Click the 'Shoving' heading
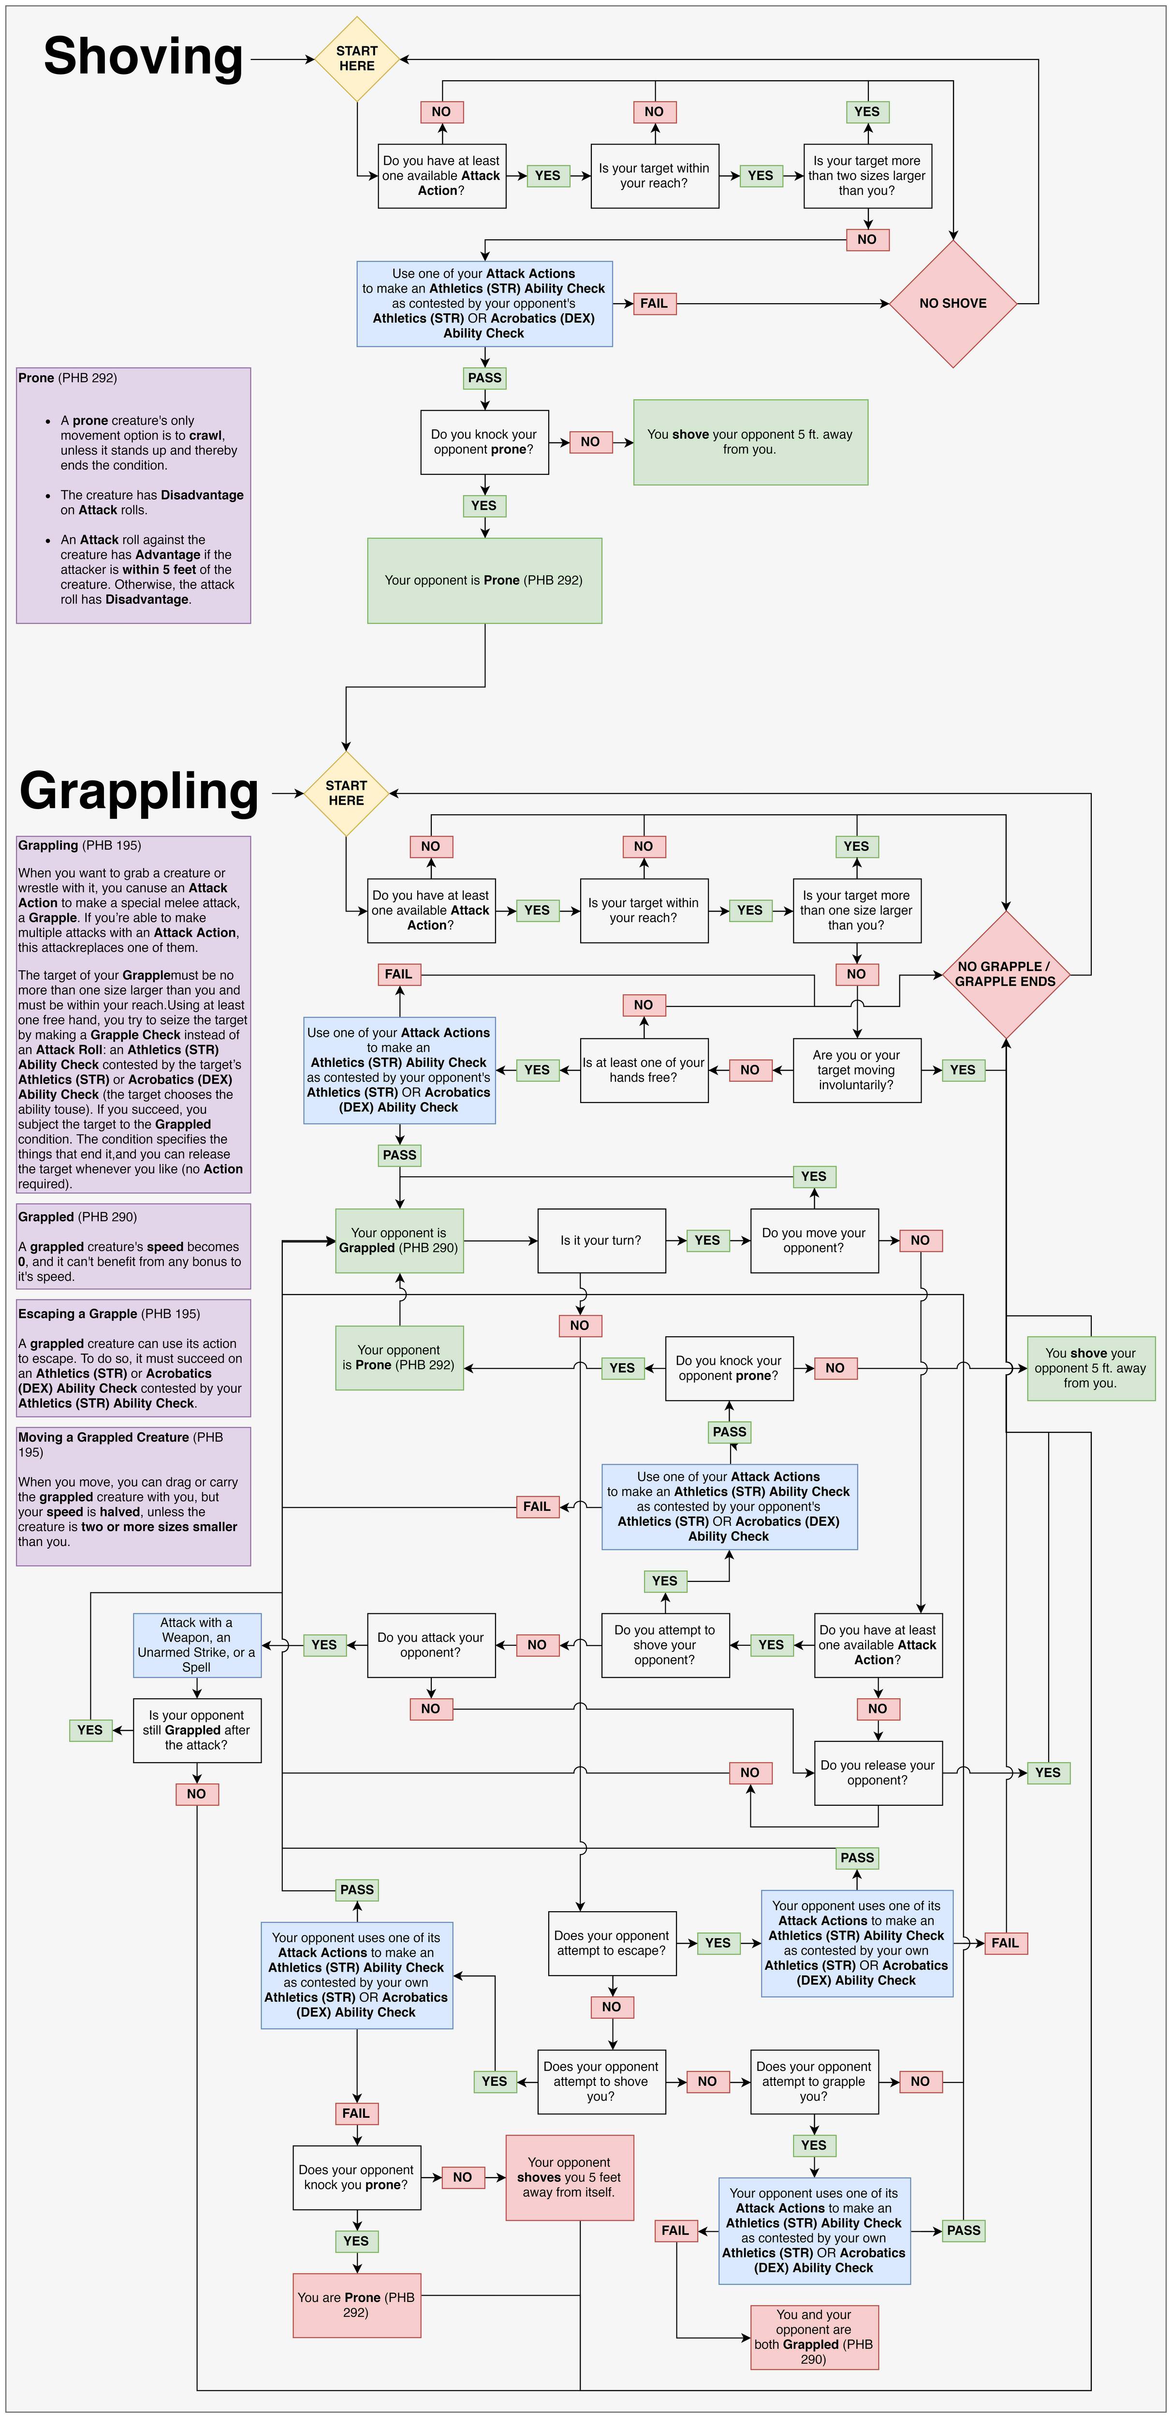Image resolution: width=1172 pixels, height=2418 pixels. point(144,56)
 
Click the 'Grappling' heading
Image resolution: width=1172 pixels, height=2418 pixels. point(139,790)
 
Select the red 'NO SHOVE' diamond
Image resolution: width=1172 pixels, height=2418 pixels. point(952,303)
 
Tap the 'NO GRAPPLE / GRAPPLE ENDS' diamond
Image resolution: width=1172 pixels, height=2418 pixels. point(1005,974)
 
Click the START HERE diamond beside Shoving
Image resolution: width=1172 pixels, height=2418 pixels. point(356,58)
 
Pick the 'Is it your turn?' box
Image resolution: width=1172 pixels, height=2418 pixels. point(601,1240)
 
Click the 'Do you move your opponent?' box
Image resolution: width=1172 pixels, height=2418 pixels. point(814,1240)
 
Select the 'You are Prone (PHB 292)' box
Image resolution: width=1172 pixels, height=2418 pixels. point(356,2304)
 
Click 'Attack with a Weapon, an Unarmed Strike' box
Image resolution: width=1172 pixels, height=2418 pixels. point(196,1645)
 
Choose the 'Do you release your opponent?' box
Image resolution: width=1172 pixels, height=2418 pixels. point(878,1772)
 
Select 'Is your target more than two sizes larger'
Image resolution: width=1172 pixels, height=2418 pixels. point(867,176)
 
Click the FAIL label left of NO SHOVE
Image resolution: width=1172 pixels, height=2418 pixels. point(654,303)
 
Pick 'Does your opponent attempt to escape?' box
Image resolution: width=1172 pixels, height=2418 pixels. point(612,1942)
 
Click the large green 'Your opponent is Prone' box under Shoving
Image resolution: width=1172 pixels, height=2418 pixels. point(484,580)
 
